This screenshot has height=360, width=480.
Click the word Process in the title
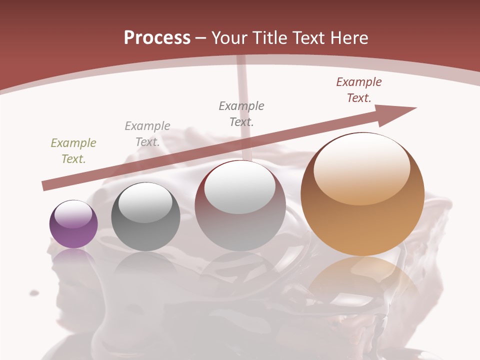[x=157, y=38]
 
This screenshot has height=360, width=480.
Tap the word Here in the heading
[x=348, y=38]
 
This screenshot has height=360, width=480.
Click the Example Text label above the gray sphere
[x=147, y=134]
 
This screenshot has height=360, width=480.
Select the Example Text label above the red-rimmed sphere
[x=241, y=113]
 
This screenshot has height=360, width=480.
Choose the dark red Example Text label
[x=359, y=90]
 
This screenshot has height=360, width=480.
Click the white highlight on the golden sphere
[x=362, y=167]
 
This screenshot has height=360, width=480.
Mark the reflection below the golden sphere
[x=362, y=280]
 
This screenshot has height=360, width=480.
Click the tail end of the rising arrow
[x=46, y=186]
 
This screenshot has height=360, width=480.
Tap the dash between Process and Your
[x=200, y=38]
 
